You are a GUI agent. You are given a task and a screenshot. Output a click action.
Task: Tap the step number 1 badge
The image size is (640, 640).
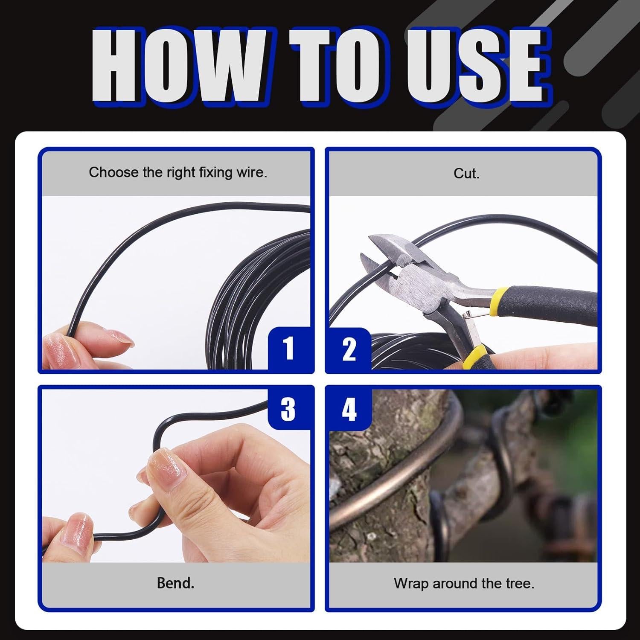coord(289,348)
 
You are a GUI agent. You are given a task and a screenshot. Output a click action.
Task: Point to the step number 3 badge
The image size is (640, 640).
coord(288,409)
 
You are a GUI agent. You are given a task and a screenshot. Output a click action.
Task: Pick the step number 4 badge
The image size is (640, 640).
coord(349,409)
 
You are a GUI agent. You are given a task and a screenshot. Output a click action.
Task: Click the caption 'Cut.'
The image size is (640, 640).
coord(466,173)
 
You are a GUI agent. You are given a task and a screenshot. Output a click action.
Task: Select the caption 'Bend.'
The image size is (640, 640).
coord(175,583)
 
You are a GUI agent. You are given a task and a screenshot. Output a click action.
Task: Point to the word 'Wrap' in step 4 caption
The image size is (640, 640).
coord(411,583)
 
